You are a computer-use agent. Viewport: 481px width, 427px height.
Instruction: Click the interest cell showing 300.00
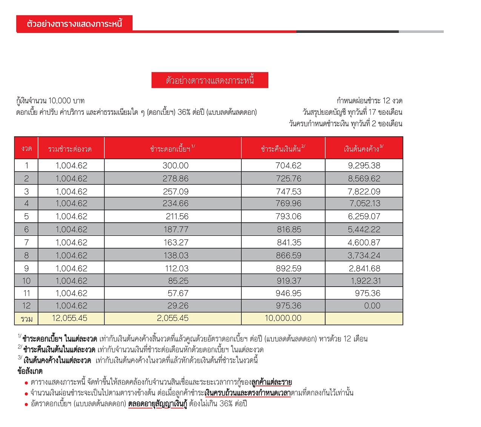175,165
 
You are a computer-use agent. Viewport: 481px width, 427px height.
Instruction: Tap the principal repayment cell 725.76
288,179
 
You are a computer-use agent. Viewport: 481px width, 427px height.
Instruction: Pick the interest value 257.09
175,191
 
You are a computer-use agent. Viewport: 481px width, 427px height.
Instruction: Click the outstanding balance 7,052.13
364,203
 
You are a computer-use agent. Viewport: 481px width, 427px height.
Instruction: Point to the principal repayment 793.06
288,216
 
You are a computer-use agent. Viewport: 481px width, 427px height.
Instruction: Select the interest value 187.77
176,229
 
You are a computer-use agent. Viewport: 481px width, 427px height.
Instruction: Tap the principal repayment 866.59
288,255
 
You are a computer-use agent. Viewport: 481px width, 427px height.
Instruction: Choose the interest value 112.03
176,268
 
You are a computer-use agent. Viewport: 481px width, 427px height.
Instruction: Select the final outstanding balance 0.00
372,306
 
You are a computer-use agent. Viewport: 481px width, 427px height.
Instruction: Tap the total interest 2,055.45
172,318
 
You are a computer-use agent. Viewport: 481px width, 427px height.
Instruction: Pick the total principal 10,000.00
283,318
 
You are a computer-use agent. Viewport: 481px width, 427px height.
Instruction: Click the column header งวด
26,148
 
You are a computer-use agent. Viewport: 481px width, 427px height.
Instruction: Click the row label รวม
26,319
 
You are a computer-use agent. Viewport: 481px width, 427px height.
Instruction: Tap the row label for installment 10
26,281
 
